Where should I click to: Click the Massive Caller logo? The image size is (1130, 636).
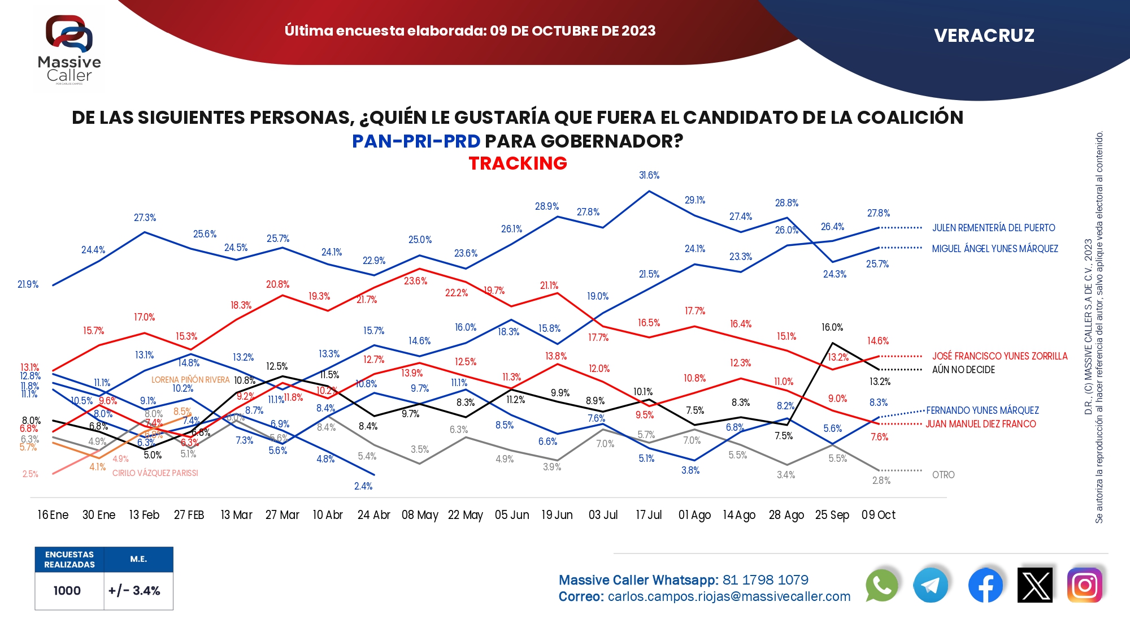[69, 50]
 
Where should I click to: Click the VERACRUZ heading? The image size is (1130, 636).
[984, 36]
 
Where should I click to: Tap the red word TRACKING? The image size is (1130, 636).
[518, 163]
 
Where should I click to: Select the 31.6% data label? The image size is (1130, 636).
[649, 175]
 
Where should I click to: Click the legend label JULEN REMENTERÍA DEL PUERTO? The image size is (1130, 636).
[993, 228]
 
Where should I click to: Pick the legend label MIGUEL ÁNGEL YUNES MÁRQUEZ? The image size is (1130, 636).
[994, 249]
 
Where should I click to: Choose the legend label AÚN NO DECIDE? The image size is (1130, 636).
[963, 370]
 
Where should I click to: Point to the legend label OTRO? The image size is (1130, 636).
[943, 475]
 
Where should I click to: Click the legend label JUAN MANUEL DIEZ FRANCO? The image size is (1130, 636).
[980, 424]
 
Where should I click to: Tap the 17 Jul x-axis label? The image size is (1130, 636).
[649, 515]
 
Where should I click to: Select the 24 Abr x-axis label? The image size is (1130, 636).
[373, 515]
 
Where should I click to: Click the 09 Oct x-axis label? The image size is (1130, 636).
[878, 515]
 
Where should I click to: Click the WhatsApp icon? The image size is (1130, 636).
[881, 586]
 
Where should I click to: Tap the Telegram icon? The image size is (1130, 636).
[931, 586]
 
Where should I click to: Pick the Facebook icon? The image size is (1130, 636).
[985, 586]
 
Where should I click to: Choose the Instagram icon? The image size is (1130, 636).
[1084, 586]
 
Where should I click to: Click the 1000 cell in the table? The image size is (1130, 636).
[67, 591]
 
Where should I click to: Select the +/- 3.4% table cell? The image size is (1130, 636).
[134, 591]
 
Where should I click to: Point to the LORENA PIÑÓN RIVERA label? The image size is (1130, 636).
[190, 380]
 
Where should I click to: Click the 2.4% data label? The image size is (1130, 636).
[363, 486]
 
